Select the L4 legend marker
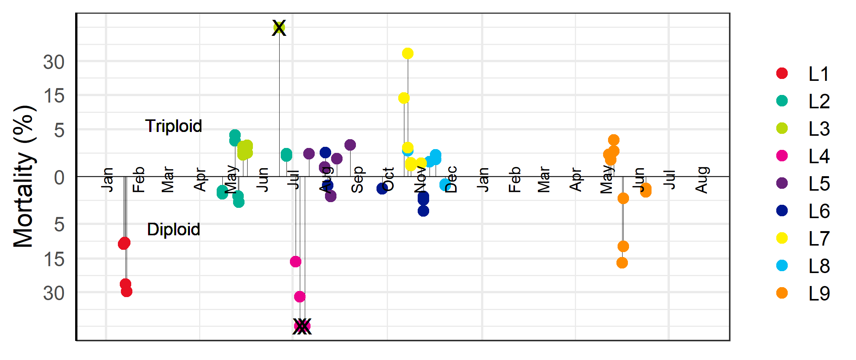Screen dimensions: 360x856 782,156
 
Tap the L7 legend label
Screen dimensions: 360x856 819,238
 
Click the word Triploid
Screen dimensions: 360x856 174,126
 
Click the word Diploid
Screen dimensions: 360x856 174,230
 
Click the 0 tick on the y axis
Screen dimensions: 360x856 59,178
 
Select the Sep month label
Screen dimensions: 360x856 357,180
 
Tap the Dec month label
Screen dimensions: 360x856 451,180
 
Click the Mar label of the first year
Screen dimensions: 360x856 168,180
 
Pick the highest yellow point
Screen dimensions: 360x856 408,53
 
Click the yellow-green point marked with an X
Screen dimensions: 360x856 279,27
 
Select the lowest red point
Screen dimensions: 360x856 127,292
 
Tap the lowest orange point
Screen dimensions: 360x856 622,263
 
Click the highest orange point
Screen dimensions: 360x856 614,140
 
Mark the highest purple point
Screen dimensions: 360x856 350,145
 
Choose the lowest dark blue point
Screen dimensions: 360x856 423,211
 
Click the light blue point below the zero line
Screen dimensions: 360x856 445,185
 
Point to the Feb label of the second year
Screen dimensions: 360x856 515,180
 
